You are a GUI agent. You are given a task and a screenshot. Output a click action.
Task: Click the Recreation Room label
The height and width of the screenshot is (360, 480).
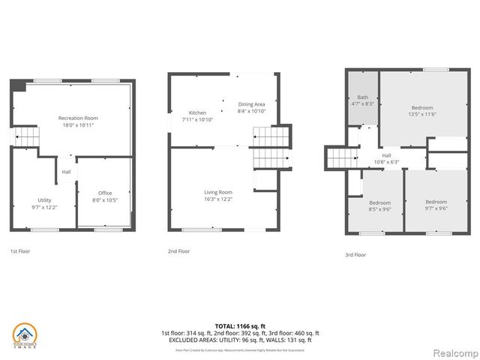click(78, 118)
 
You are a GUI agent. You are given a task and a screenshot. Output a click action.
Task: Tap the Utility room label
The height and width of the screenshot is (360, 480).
click(45, 200)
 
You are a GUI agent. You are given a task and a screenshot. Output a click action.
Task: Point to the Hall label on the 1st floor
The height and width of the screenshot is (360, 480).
click(66, 172)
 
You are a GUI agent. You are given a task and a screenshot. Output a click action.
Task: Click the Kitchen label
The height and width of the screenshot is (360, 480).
click(197, 112)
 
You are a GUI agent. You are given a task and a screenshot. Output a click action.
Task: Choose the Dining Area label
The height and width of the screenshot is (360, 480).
click(251, 103)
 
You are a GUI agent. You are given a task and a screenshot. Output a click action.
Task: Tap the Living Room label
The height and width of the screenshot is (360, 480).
click(218, 192)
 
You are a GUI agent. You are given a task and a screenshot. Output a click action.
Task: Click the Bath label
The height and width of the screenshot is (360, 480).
click(362, 97)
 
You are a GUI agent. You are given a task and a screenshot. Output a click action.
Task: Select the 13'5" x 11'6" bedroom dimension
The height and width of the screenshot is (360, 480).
click(421, 115)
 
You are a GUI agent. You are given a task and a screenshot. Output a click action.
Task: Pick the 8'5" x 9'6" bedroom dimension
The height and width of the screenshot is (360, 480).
click(379, 209)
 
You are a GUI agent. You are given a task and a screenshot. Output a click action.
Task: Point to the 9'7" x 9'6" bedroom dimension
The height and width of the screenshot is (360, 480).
click(436, 209)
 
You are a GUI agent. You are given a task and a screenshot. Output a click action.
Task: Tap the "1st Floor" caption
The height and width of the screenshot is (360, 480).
click(20, 251)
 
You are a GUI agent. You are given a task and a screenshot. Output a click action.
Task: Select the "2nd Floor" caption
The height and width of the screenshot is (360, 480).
click(178, 251)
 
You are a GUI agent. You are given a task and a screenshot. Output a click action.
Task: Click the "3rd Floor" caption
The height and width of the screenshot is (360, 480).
click(355, 254)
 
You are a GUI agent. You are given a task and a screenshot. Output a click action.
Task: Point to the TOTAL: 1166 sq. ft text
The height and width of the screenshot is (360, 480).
click(240, 325)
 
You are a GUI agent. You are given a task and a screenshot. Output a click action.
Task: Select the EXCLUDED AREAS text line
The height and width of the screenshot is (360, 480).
click(240, 339)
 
